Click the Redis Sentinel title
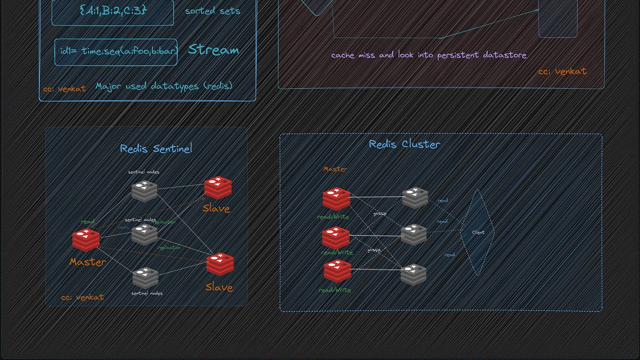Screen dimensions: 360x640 pyautogui.click(x=156, y=149)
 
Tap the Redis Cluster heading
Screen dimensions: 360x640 pyautogui.click(x=404, y=144)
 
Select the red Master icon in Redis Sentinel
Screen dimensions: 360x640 pyautogui.click(x=86, y=240)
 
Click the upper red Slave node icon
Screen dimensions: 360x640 pyautogui.click(x=218, y=188)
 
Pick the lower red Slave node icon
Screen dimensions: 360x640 pyautogui.click(x=220, y=264)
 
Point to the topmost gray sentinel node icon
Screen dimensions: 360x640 pyautogui.click(x=145, y=191)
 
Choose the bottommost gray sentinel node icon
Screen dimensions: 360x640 pyautogui.click(x=146, y=277)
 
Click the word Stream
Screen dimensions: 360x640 pyautogui.click(x=213, y=50)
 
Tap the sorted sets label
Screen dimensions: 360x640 pyautogui.click(x=212, y=11)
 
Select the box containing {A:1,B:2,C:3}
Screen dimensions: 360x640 pyautogui.click(x=113, y=11)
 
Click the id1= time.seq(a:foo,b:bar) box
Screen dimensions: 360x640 pyautogui.click(x=116, y=52)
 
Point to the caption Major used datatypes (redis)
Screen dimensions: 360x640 pyautogui.click(x=164, y=86)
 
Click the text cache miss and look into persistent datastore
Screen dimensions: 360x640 pyautogui.click(x=429, y=55)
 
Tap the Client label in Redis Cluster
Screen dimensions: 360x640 pyautogui.click(x=478, y=233)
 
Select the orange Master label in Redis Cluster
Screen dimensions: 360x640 pyautogui.click(x=335, y=169)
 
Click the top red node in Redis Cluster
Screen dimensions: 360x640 pyautogui.click(x=336, y=198)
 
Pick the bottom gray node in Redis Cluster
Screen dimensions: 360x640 pyautogui.click(x=413, y=274)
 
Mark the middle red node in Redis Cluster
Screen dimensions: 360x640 pyautogui.click(x=336, y=237)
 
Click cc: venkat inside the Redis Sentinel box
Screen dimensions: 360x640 pyautogui.click(x=82, y=297)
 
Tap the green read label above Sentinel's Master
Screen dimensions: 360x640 pyautogui.click(x=88, y=221)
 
